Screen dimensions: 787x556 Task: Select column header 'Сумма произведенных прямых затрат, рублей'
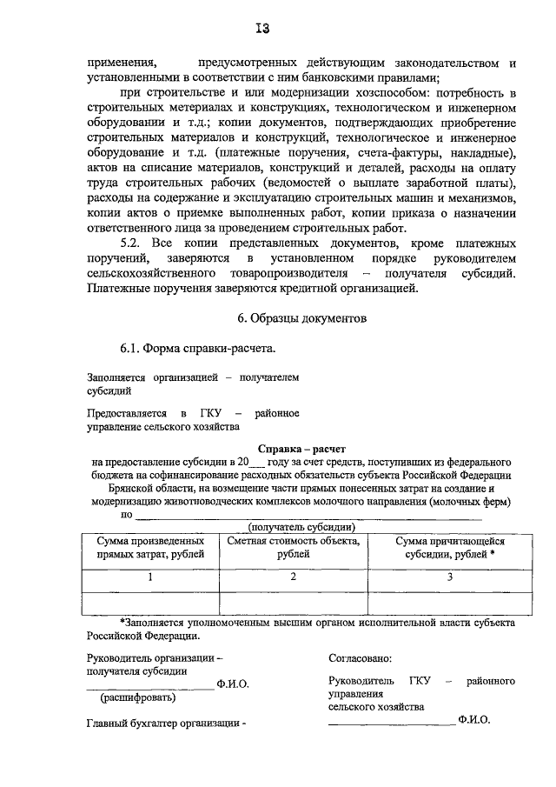coord(151,546)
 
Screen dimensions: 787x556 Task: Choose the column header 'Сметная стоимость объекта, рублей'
coord(293,546)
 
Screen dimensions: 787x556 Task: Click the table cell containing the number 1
coord(151,577)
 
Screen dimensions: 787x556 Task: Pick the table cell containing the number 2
coord(293,577)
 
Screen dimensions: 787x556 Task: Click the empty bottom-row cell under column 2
coord(293,601)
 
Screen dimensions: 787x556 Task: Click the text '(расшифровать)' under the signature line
coord(139,697)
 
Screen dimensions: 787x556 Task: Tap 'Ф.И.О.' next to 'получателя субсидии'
coord(233,684)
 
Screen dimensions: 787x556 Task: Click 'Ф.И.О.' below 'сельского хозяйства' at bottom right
coord(473,720)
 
